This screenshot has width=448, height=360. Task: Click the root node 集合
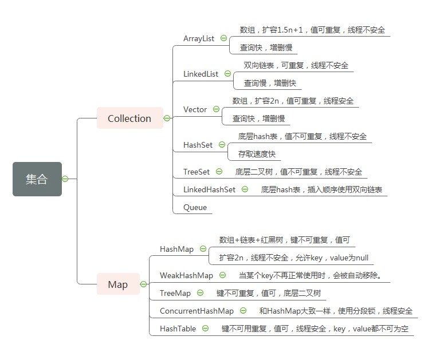click(x=37, y=179)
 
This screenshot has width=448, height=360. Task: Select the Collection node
click(x=129, y=118)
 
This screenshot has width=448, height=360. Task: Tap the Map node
click(x=117, y=284)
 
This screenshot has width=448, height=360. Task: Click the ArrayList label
click(x=199, y=38)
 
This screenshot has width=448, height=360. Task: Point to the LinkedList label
click(x=201, y=74)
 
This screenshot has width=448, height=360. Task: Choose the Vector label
click(x=195, y=109)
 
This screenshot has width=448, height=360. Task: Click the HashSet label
click(x=198, y=145)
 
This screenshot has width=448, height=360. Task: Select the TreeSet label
click(x=197, y=172)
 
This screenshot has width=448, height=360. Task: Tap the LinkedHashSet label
click(x=209, y=189)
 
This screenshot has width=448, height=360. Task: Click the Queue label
click(x=195, y=207)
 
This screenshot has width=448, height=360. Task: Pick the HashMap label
click(x=176, y=249)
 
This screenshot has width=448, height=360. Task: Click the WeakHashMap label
click(x=186, y=275)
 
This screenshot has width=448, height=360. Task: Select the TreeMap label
click(x=175, y=293)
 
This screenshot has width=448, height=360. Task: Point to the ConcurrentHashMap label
click(x=197, y=311)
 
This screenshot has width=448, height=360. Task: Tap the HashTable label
click(x=178, y=329)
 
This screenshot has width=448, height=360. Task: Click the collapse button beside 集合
click(x=65, y=179)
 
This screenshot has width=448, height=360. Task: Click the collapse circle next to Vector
click(x=216, y=109)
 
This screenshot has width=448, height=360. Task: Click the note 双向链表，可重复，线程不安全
click(x=296, y=65)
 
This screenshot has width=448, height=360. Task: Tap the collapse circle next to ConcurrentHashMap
click(x=243, y=311)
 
